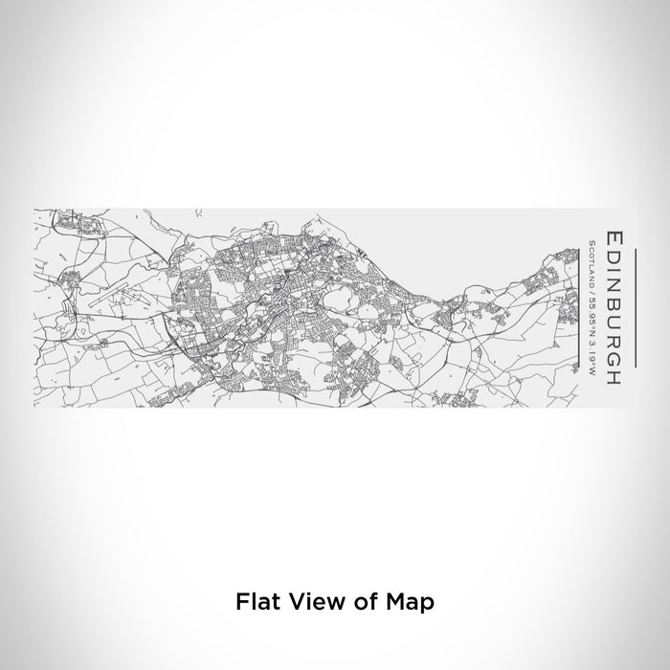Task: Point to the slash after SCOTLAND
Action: click(592, 288)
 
